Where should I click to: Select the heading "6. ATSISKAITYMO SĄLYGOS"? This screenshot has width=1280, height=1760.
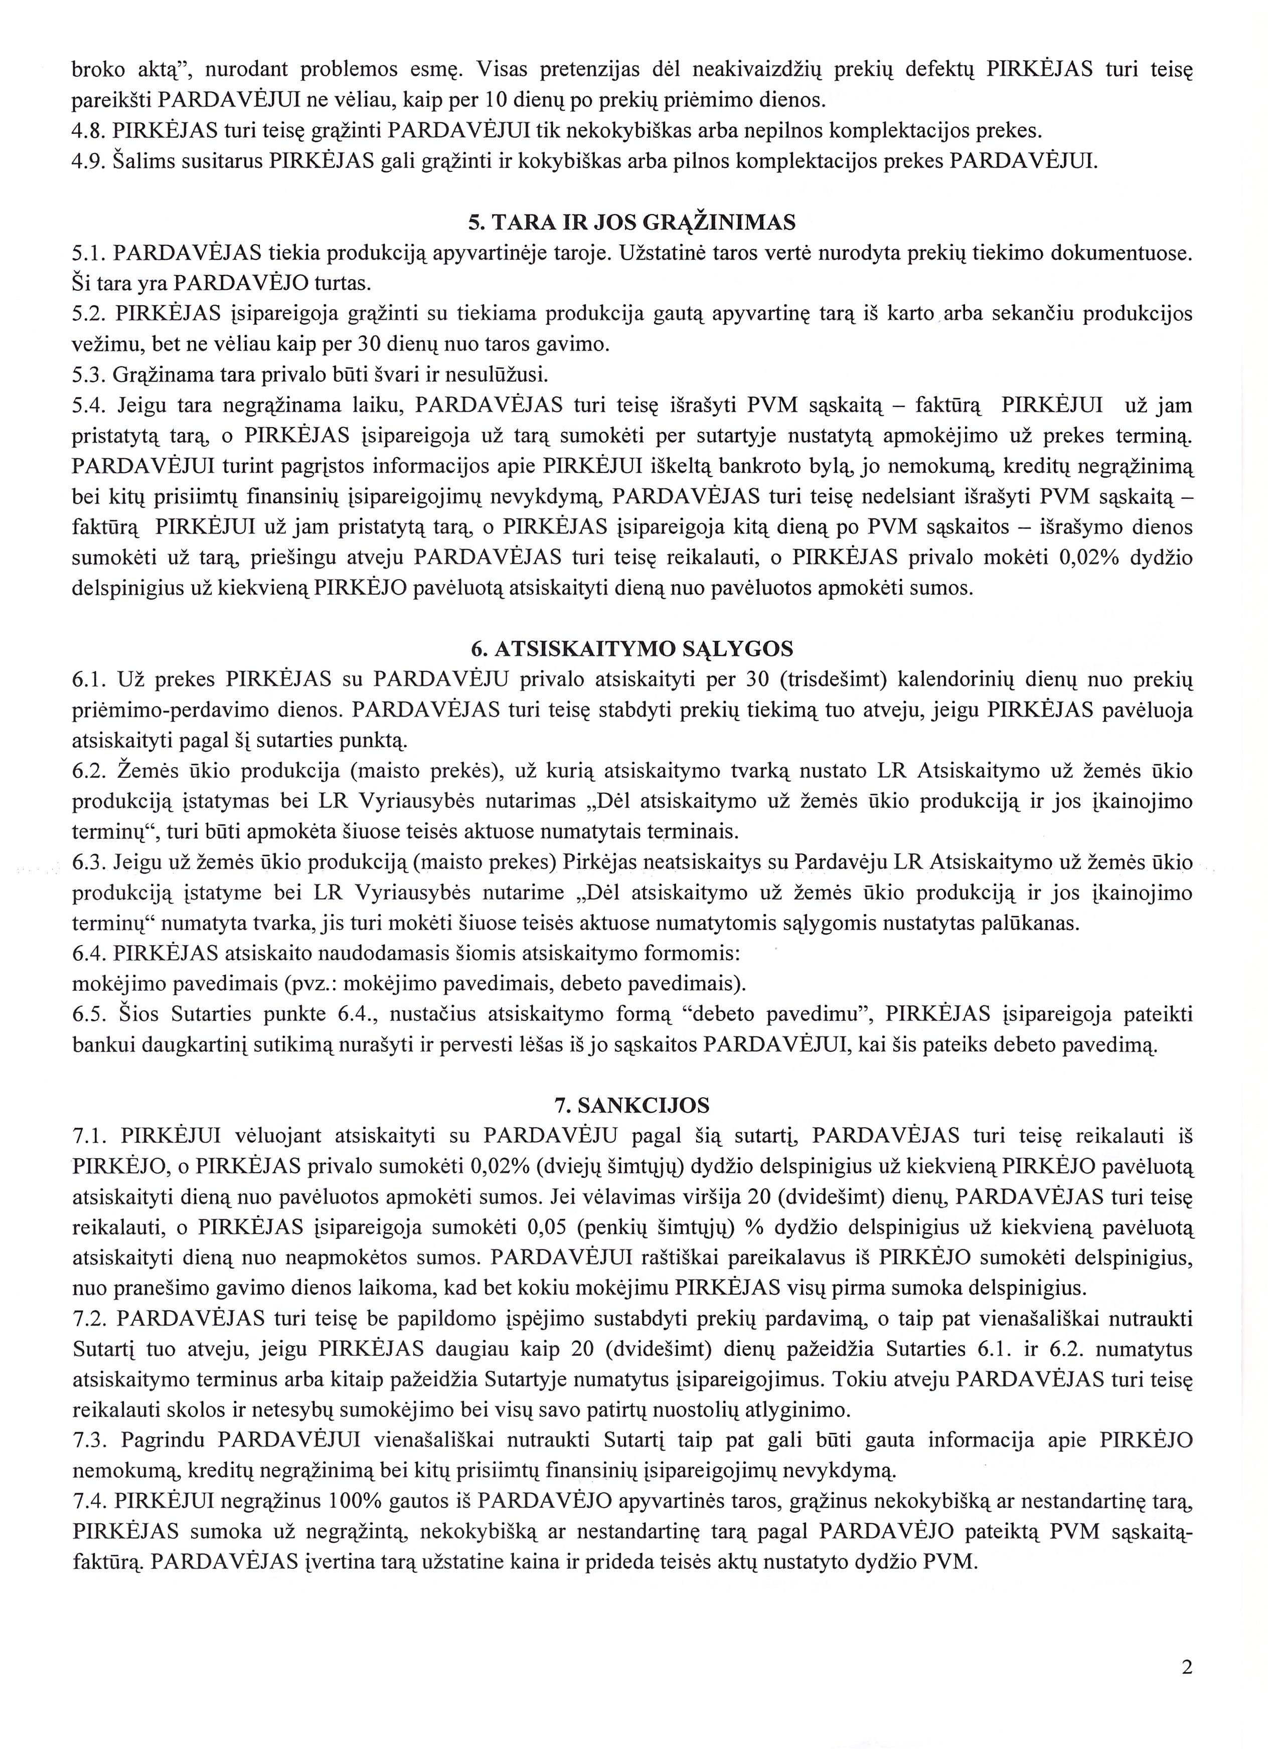coord(632,649)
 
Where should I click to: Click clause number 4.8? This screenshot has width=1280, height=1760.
coord(88,131)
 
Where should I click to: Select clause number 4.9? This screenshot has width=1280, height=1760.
coord(88,161)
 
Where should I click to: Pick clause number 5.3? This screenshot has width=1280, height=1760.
coord(88,376)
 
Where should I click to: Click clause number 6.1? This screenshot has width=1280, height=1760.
coord(88,680)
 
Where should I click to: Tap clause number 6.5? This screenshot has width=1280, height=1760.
coord(88,1015)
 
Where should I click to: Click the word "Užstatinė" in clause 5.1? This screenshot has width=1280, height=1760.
coord(655,253)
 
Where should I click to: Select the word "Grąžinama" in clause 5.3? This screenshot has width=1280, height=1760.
coord(165,376)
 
